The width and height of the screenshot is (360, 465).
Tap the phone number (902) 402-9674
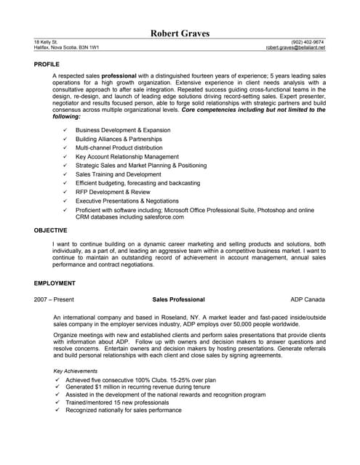click(308, 42)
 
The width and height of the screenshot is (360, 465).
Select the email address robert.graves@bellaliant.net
click(295, 48)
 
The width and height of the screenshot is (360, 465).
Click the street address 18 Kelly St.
click(47, 42)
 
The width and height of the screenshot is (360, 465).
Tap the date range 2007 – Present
click(54, 299)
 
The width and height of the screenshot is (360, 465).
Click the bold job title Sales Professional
click(178, 299)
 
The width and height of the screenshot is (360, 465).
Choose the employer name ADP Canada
click(308, 299)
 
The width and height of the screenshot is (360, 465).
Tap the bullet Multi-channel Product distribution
click(119, 147)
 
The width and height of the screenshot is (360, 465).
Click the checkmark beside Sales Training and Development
click(65, 174)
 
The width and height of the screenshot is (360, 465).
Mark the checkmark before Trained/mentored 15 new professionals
click(57, 403)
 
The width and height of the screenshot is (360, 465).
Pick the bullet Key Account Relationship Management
click(127, 156)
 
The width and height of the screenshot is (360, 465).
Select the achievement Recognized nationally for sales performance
click(123, 411)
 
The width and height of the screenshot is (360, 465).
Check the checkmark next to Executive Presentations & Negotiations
click(65, 201)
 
